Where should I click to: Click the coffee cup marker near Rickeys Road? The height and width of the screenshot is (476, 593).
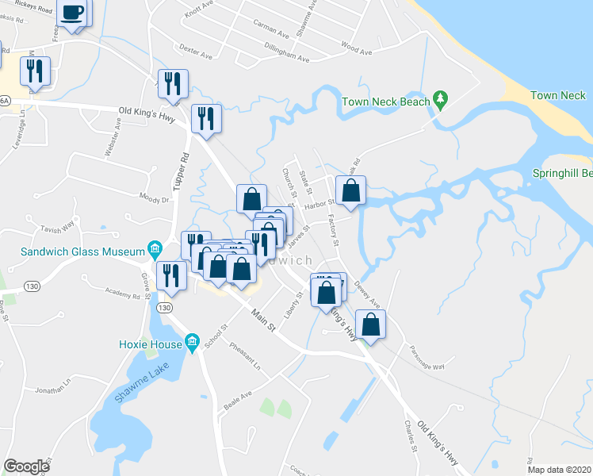(74, 13)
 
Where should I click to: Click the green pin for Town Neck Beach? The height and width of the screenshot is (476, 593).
(442, 101)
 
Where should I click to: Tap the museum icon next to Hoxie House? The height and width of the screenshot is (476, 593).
(192, 343)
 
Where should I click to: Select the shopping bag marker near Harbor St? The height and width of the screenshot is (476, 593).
(350, 191)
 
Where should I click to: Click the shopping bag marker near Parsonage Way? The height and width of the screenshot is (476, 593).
(370, 324)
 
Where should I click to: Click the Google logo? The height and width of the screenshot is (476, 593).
(26, 466)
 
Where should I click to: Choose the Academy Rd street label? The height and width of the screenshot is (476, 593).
(123, 295)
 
